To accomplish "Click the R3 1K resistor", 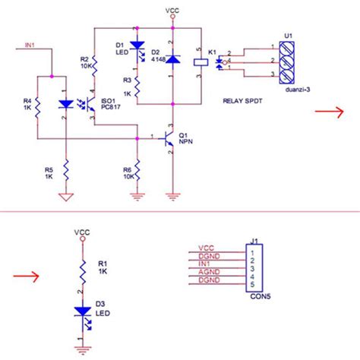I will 137,85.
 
